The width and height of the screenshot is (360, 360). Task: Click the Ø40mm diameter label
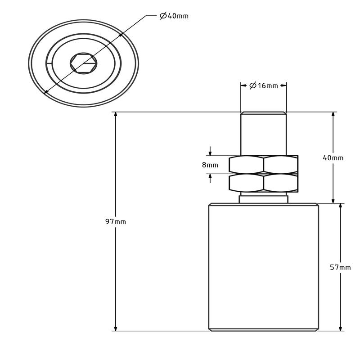coord(174,16)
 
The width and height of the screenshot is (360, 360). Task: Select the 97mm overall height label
coord(116,221)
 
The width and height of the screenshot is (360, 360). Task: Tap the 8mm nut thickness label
coord(210,165)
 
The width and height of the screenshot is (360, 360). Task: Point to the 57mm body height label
coord(340,267)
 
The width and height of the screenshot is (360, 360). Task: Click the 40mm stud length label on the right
coord(333,157)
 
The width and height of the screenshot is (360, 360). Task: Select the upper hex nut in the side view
coord(263,164)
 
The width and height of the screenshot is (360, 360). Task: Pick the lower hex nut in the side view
coord(263,182)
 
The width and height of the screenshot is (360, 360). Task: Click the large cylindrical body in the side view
coord(263,267)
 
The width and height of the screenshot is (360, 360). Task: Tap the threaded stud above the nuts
coord(263,133)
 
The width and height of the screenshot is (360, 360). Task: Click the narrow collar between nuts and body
coord(263,198)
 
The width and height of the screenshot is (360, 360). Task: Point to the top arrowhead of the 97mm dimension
coord(116,115)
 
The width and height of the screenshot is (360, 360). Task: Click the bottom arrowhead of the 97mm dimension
coord(116,328)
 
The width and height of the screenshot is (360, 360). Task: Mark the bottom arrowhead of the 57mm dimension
coord(340,328)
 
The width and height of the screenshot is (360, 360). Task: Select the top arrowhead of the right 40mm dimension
coord(333,115)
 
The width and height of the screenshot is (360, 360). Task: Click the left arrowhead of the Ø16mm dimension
coord(243,85)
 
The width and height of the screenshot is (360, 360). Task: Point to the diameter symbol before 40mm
coord(163,16)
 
